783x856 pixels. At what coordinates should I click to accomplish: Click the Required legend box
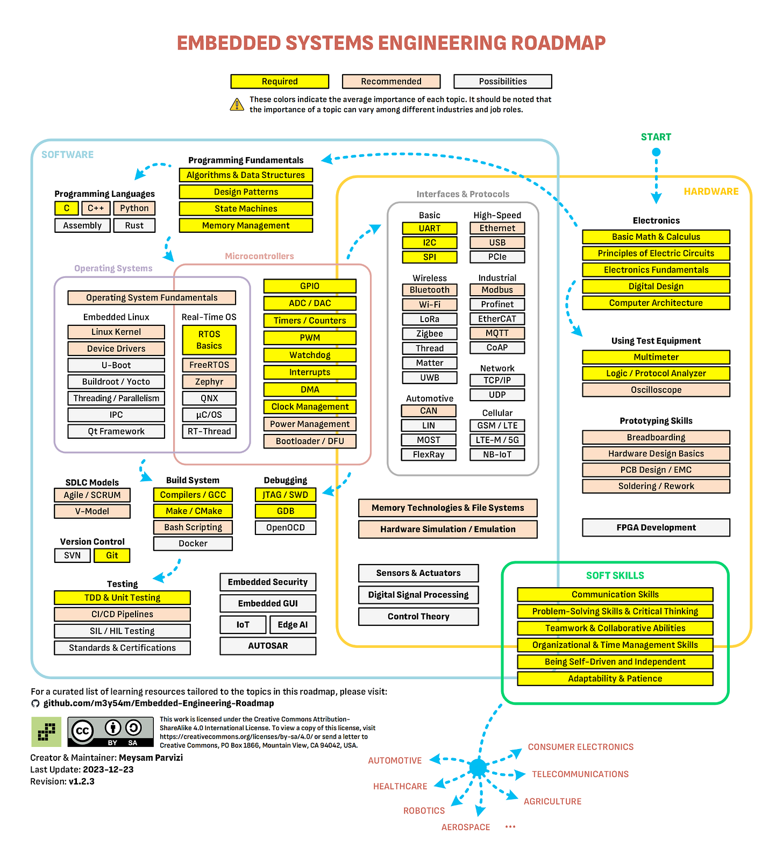[280, 81]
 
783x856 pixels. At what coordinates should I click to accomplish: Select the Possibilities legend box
[502, 81]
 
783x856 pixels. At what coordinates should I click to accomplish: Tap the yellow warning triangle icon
[237, 104]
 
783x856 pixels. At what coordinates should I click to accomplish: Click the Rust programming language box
[134, 225]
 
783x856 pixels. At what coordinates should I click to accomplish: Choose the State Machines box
[246, 209]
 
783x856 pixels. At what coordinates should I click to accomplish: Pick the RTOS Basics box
[209, 340]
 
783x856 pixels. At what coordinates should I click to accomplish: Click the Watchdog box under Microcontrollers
[310, 355]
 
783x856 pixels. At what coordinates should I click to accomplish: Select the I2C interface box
[430, 242]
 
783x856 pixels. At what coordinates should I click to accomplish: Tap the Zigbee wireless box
[430, 333]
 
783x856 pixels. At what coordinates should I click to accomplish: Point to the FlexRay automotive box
[429, 454]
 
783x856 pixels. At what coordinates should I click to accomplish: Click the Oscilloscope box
[656, 390]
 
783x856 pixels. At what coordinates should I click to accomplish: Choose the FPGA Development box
[656, 527]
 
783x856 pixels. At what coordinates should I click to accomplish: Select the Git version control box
[112, 555]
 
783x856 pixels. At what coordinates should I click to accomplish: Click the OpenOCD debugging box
[286, 527]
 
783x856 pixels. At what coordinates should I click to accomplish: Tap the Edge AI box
[293, 624]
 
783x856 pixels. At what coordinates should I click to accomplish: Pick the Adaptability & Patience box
[615, 679]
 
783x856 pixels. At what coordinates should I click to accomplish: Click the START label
[656, 137]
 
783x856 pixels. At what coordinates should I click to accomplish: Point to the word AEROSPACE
[466, 827]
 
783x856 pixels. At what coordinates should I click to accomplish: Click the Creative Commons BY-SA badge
[111, 732]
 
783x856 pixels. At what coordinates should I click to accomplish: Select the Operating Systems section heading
[113, 268]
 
